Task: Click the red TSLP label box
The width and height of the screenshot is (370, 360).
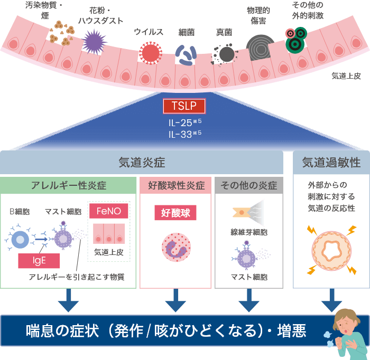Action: point(184,106)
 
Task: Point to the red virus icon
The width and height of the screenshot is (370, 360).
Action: point(150,53)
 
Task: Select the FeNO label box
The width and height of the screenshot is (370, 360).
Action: point(108,211)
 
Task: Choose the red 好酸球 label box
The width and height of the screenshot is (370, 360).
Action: point(175,213)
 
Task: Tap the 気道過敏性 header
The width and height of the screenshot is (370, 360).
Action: point(331,163)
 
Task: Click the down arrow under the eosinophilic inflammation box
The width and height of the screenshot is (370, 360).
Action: point(175,302)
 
